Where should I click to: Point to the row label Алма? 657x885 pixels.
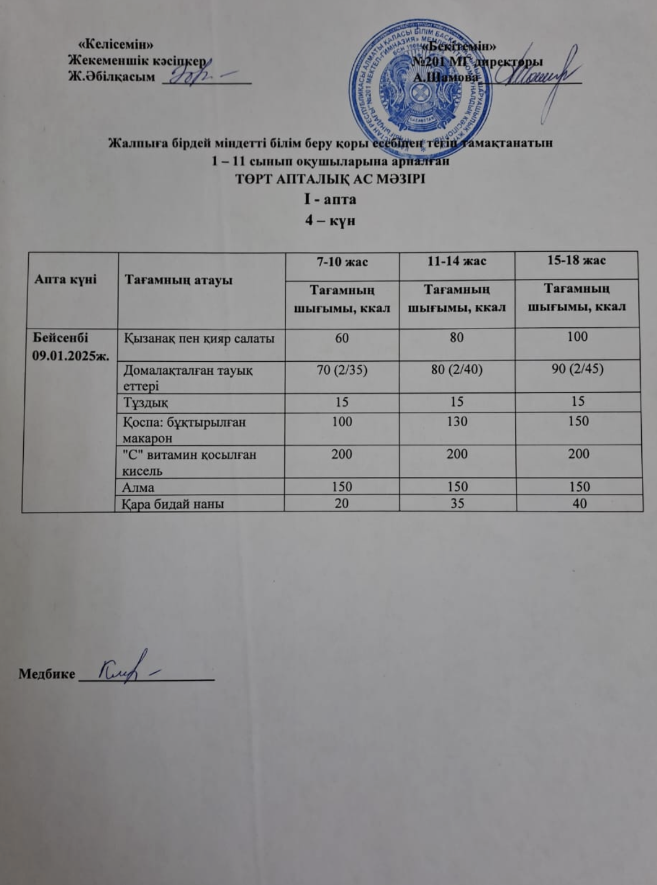point(139,487)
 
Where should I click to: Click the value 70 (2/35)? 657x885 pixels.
point(341,370)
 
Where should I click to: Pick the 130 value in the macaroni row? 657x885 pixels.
point(457,422)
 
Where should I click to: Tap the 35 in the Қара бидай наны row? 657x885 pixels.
point(457,503)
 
